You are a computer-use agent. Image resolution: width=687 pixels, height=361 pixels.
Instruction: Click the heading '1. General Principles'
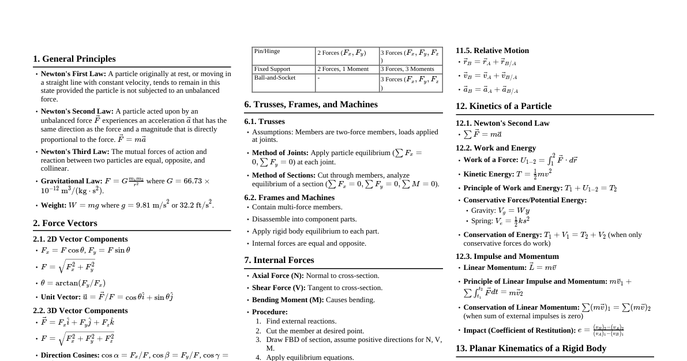74,59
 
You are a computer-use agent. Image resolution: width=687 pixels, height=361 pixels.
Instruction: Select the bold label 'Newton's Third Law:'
75,152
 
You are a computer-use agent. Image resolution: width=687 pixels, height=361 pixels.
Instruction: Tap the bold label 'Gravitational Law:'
72,181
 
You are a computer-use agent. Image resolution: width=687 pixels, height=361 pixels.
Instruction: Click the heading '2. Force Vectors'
65,223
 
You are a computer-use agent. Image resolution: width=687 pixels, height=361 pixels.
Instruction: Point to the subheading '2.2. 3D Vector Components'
80,310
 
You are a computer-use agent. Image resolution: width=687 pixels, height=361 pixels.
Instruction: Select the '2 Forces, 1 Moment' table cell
343,69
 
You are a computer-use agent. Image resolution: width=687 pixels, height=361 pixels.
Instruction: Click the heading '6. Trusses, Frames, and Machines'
311,104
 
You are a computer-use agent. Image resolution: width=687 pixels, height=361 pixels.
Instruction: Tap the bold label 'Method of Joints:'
280,153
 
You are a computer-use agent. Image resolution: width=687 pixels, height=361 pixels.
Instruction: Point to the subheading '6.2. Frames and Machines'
289,197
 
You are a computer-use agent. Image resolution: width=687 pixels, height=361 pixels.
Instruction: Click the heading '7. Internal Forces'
279,260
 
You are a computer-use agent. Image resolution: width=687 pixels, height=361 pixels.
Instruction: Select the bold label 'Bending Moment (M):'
288,300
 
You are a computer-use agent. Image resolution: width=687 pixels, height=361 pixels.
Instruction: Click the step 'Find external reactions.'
301,321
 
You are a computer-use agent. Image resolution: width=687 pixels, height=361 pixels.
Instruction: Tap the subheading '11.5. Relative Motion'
492,51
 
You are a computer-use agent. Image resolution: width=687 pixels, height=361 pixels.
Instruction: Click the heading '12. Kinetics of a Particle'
504,106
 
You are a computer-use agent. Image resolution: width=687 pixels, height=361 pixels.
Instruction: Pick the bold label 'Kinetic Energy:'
489,174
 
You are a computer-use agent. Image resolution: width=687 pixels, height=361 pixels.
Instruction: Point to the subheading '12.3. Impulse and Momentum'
507,256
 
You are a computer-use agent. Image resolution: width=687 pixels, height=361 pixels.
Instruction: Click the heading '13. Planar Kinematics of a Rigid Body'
531,348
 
